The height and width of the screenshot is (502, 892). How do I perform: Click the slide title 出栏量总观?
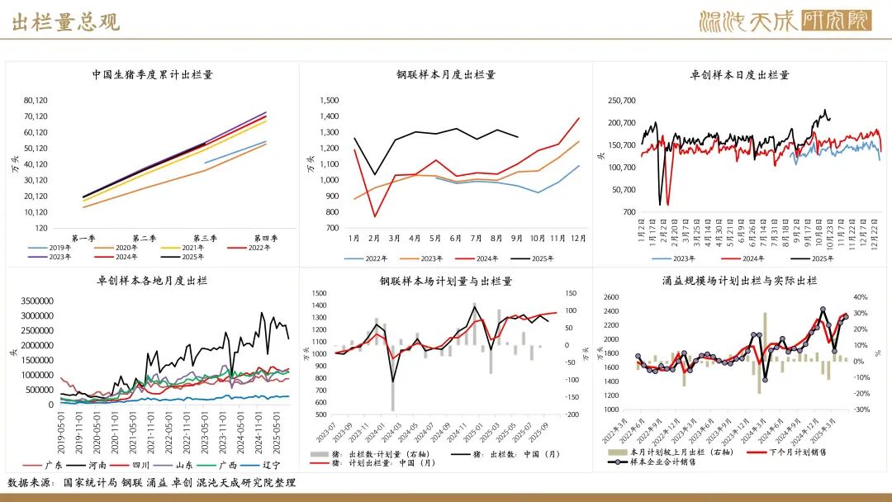[x=66, y=22]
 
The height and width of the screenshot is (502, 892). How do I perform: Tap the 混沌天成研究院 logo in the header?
[x=785, y=21]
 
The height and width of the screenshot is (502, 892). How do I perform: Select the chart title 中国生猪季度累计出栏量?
[x=153, y=74]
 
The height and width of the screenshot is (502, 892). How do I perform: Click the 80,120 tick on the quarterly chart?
[x=36, y=100]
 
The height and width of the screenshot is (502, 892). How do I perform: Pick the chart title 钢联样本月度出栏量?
[x=446, y=74]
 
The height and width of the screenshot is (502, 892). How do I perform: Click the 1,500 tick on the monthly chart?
[x=329, y=100]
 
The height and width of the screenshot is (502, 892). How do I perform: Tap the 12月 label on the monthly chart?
[x=577, y=239]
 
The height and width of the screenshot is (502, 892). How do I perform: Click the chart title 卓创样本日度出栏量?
[x=740, y=74]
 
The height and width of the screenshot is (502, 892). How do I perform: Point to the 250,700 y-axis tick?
[x=622, y=101]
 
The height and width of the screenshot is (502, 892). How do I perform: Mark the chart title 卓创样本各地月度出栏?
[x=152, y=281]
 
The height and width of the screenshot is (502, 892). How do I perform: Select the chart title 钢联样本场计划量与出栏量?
[x=446, y=281]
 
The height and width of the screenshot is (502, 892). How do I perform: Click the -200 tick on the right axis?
[x=570, y=415]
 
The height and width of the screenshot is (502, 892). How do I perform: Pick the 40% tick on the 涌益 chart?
[x=860, y=297]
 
